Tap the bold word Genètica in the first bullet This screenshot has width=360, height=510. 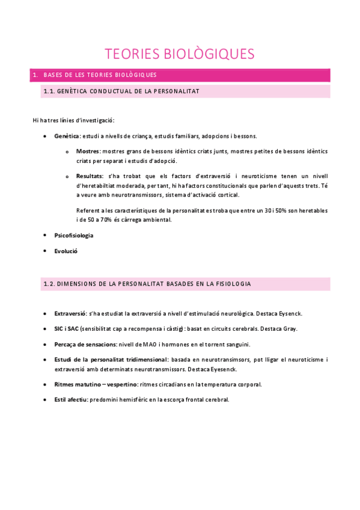67,137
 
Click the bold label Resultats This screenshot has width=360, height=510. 90,176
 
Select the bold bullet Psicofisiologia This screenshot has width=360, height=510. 73,235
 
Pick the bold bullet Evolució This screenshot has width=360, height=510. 66,251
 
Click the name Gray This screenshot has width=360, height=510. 290,329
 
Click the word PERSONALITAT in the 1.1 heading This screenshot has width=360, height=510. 173,91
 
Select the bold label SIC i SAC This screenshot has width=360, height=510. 65,329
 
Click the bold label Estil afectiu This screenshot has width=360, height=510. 70,399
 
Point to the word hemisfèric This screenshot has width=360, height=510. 136,399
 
